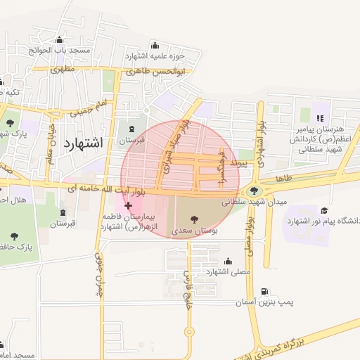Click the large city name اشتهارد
click(x=84, y=143)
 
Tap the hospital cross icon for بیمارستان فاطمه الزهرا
click(x=128, y=205)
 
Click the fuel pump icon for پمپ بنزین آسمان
click(x=264, y=291)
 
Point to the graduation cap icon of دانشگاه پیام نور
click(x=325, y=210)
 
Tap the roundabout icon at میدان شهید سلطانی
click(x=253, y=190)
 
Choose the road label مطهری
click(x=63, y=70)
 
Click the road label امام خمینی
click(x=91, y=108)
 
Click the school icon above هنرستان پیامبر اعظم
click(x=320, y=118)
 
